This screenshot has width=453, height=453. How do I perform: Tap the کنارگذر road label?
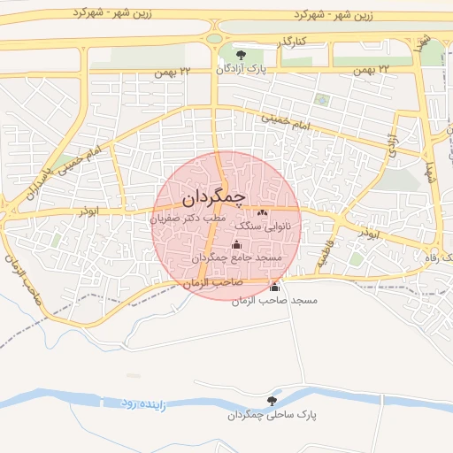pos(291,42)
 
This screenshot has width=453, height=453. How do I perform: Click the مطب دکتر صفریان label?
pos(187,217)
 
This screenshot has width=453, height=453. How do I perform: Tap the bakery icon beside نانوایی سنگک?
pos(262,213)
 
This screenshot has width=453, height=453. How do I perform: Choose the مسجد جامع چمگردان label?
pos(237,257)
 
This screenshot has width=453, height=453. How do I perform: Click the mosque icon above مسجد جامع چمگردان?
pos(236,245)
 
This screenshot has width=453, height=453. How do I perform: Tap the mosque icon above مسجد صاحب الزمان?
pos(274,288)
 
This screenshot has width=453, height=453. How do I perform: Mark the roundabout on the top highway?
pos(214,37)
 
